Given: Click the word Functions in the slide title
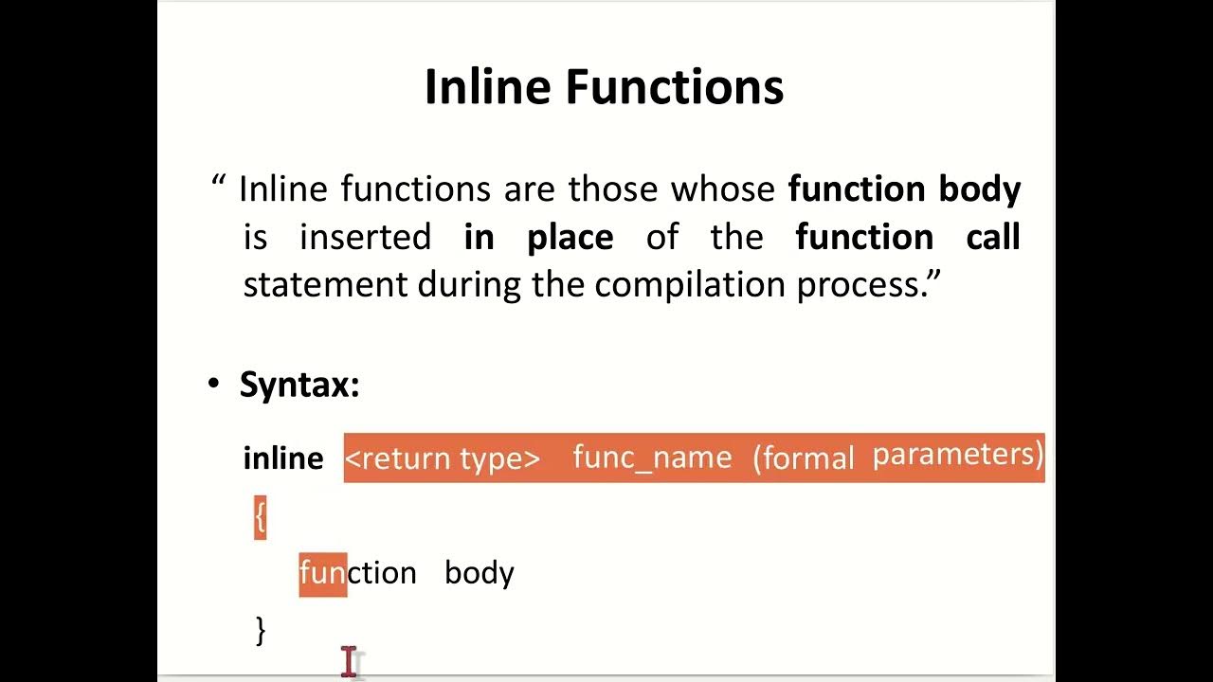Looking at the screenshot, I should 675,87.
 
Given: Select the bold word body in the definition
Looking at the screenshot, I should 980,188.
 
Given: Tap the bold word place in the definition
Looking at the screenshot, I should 570,237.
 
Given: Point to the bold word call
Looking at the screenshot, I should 992,237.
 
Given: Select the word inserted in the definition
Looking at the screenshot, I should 365,237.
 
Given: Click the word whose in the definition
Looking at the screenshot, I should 724,188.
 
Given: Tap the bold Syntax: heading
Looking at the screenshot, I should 299,385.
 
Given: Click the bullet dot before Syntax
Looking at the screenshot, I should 213,385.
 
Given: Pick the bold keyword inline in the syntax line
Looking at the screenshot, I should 283,458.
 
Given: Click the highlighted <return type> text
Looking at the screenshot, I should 442,458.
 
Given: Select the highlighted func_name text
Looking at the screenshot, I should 652,458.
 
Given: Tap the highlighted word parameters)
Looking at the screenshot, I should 957,455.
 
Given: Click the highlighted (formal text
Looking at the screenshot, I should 804,458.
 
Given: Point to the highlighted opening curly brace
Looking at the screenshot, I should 260,517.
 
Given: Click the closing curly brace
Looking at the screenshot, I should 261,630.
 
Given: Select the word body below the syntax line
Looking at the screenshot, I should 480,573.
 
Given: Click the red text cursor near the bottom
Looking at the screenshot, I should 350,661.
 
